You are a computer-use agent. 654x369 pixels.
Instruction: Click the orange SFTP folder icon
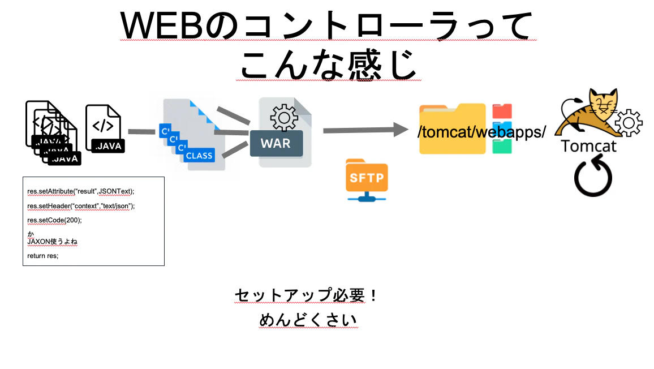click(x=367, y=179)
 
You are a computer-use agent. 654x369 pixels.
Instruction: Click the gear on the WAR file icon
click(x=284, y=118)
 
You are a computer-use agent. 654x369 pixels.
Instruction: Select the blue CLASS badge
click(x=199, y=155)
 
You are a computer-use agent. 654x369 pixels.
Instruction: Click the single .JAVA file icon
click(x=105, y=128)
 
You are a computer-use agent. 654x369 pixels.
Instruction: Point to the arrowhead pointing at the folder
click(x=401, y=130)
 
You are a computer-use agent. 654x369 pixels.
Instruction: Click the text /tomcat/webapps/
click(x=482, y=132)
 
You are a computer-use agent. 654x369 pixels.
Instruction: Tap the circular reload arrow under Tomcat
click(x=593, y=175)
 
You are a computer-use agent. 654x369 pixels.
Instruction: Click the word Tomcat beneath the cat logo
click(x=588, y=146)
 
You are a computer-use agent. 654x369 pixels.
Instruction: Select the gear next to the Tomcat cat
click(x=628, y=123)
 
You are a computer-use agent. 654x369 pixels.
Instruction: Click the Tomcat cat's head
click(x=603, y=102)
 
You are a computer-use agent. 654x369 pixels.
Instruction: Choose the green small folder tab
click(x=502, y=147)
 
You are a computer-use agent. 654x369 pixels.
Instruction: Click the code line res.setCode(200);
click(x=55, y=220)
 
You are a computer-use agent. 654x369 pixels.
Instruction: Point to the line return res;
click(x=43, y=256)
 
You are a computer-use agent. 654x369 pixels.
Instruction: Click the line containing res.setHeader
click(x=81, y=206)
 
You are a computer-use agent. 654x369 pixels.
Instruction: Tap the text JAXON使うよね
click(x=52, y=242)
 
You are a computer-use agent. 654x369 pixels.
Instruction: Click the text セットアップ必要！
click(x=306, y=295)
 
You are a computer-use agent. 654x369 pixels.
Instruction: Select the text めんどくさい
click(x=308, y=320)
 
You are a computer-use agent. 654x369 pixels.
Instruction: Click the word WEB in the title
click(x=162, y=26)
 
